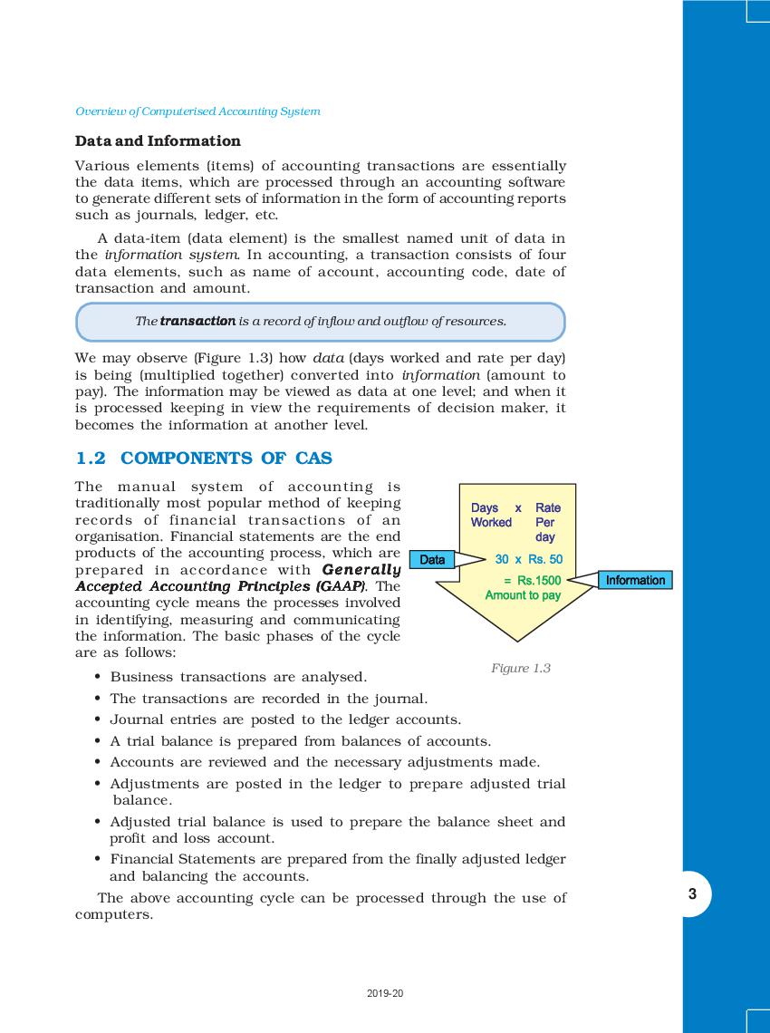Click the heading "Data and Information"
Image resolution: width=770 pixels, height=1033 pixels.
(x=158, y=141)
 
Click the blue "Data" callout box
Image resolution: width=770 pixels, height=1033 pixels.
(x=432, y=560)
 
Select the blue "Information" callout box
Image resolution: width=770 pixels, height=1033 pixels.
(x=635, y=580)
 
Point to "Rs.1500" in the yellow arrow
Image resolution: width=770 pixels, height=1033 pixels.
(x=539, y=580)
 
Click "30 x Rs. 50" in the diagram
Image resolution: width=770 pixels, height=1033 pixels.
(x=528, y=560)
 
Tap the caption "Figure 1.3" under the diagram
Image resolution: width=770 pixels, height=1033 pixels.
(x=521, y=668)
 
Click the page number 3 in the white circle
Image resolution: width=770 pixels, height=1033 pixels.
(x=692, y=894)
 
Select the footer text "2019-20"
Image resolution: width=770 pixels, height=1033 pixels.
(x=385, y=994)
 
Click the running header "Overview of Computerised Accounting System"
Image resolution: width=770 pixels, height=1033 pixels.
(x=197, y=111)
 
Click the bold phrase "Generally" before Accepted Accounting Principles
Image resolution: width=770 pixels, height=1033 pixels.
(x=361, y=570)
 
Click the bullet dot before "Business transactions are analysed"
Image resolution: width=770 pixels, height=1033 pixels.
(x=97, y=678)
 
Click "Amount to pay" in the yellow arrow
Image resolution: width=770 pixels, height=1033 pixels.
(x=523, y=595)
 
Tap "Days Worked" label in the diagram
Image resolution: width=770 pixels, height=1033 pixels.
(x=491, y=516)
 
